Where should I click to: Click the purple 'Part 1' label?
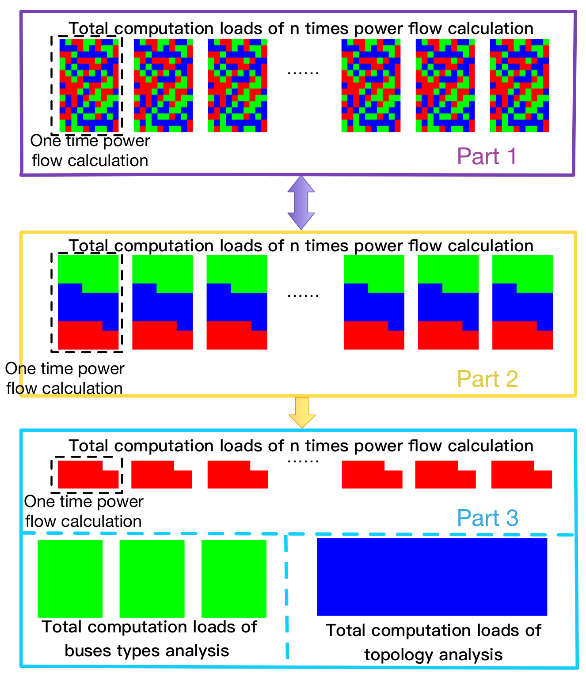coord(487,156)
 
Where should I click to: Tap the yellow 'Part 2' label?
coord(487,379)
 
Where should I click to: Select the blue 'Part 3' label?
coord(487,518)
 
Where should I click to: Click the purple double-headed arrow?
coord(301,203)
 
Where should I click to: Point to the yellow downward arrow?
coord(302,412)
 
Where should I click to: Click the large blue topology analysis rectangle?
coord(432,577)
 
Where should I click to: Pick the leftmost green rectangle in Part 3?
coord(70,579)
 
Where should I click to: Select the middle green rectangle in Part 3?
coord(152,579)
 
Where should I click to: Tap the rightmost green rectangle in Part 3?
coord(234,579)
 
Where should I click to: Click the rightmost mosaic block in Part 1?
coord(519,85)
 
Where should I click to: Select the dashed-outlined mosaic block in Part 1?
coord(89,85)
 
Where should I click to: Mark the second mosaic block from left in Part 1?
coord(163,85)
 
